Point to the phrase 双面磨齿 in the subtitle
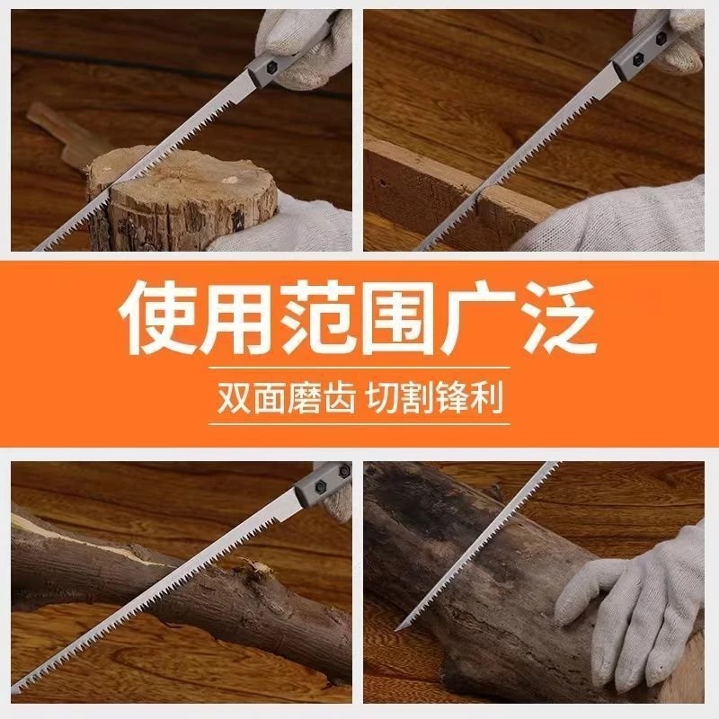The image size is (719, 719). pyautogui.click(x=286, y=397)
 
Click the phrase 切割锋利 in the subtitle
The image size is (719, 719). pyautogui.click(x=435, y=397)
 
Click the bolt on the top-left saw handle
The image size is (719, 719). pyautogui.click(x=272, y=67)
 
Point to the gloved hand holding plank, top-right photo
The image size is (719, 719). pyautogui.click(x=615, y=217)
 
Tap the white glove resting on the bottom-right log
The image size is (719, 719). pyautogui.click(x=635, y=605)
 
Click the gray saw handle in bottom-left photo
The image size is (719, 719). pyautogui.click(x=322, y=487)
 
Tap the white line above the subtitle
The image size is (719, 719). pyautogui.click(x=359, y=368)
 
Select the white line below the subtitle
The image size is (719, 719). pyautogui.click(x=359, y=423)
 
